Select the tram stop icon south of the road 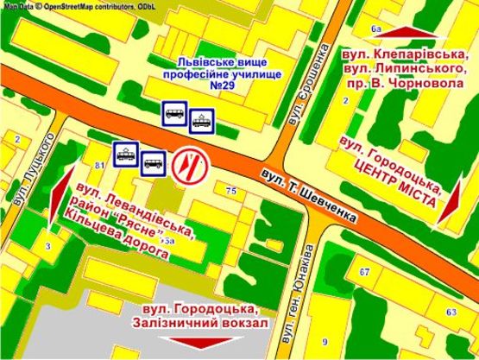[126, 152]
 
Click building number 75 [230, 190]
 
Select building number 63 [451, 311]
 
